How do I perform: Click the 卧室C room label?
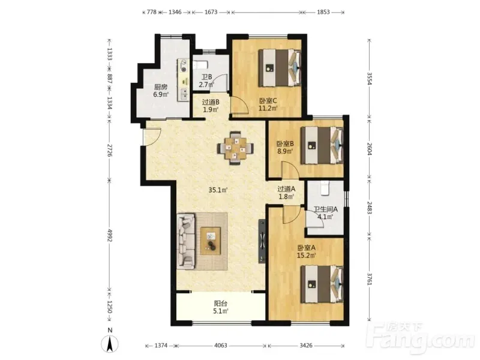click(x=268, y=101)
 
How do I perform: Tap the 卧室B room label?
click(x=286, y=143)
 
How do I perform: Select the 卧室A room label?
click(x=307, y=248)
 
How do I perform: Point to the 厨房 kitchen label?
click(x=161, y=87)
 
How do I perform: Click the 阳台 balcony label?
click(x=220, y=304)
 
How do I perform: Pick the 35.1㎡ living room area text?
click(x=218, y=190)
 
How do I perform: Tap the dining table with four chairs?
click(x=236, y=148)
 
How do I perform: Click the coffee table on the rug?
click(x=211, y=241)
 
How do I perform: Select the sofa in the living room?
click(x=186, y=241)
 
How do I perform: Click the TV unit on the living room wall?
click(x=262, y=241)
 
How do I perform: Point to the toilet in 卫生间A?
click(x=325, y=188)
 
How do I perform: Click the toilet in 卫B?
click(x=201, y=65)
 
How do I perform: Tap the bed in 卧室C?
click(x=280, y=68)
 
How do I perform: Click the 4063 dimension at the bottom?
click(x=220, y=346)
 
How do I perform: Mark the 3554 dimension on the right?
click(x=370, y=79)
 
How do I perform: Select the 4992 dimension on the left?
click(x=110, y=235)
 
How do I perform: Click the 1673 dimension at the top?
click(x=211, y=12)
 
